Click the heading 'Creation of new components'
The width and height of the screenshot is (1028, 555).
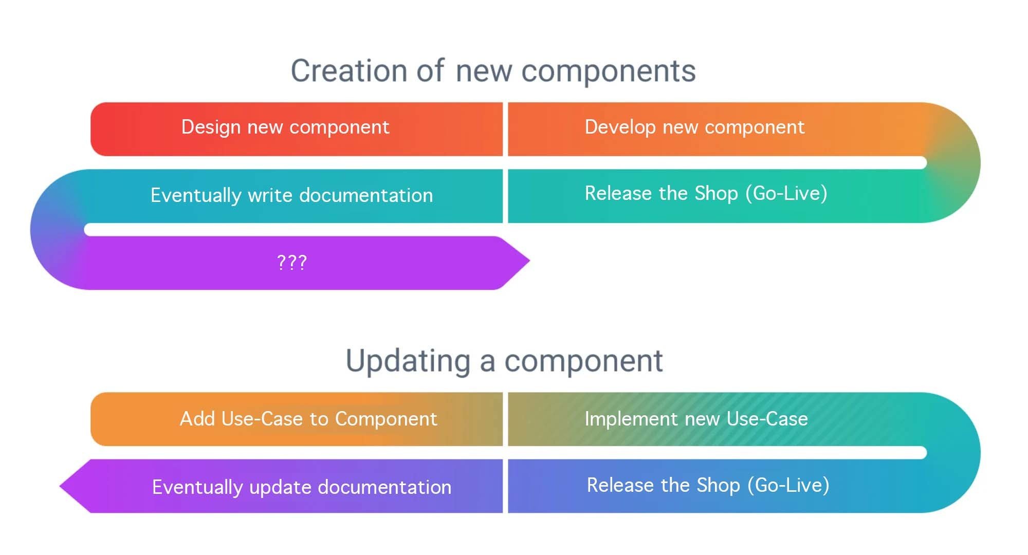tap(493, 71)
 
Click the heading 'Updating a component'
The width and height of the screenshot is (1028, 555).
tap(504, 361)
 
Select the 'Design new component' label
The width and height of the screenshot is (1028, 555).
tap(285, 127)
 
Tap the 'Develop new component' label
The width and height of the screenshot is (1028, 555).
tap(694, 127)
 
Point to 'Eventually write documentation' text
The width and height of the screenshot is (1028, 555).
tap(291, 195)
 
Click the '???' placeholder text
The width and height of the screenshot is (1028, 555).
tap(291, 263)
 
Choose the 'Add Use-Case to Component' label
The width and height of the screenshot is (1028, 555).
tap(308, 419)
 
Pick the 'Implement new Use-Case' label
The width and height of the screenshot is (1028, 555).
tap(696, 419)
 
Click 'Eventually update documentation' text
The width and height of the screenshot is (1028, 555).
tap(302, 487)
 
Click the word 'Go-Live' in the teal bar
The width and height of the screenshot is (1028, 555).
tap(786, 193)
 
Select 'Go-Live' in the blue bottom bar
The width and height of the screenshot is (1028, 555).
tap(788, 485)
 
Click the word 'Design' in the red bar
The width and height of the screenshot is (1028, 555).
tap(211, 127)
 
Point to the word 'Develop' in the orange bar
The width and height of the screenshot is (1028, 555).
tap(620, 127)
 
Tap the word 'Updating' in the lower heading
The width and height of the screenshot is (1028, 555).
tap(408, 361)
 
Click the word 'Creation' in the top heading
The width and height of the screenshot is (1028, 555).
tap(349, 71)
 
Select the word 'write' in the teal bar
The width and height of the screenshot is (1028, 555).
tap(270, 195)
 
